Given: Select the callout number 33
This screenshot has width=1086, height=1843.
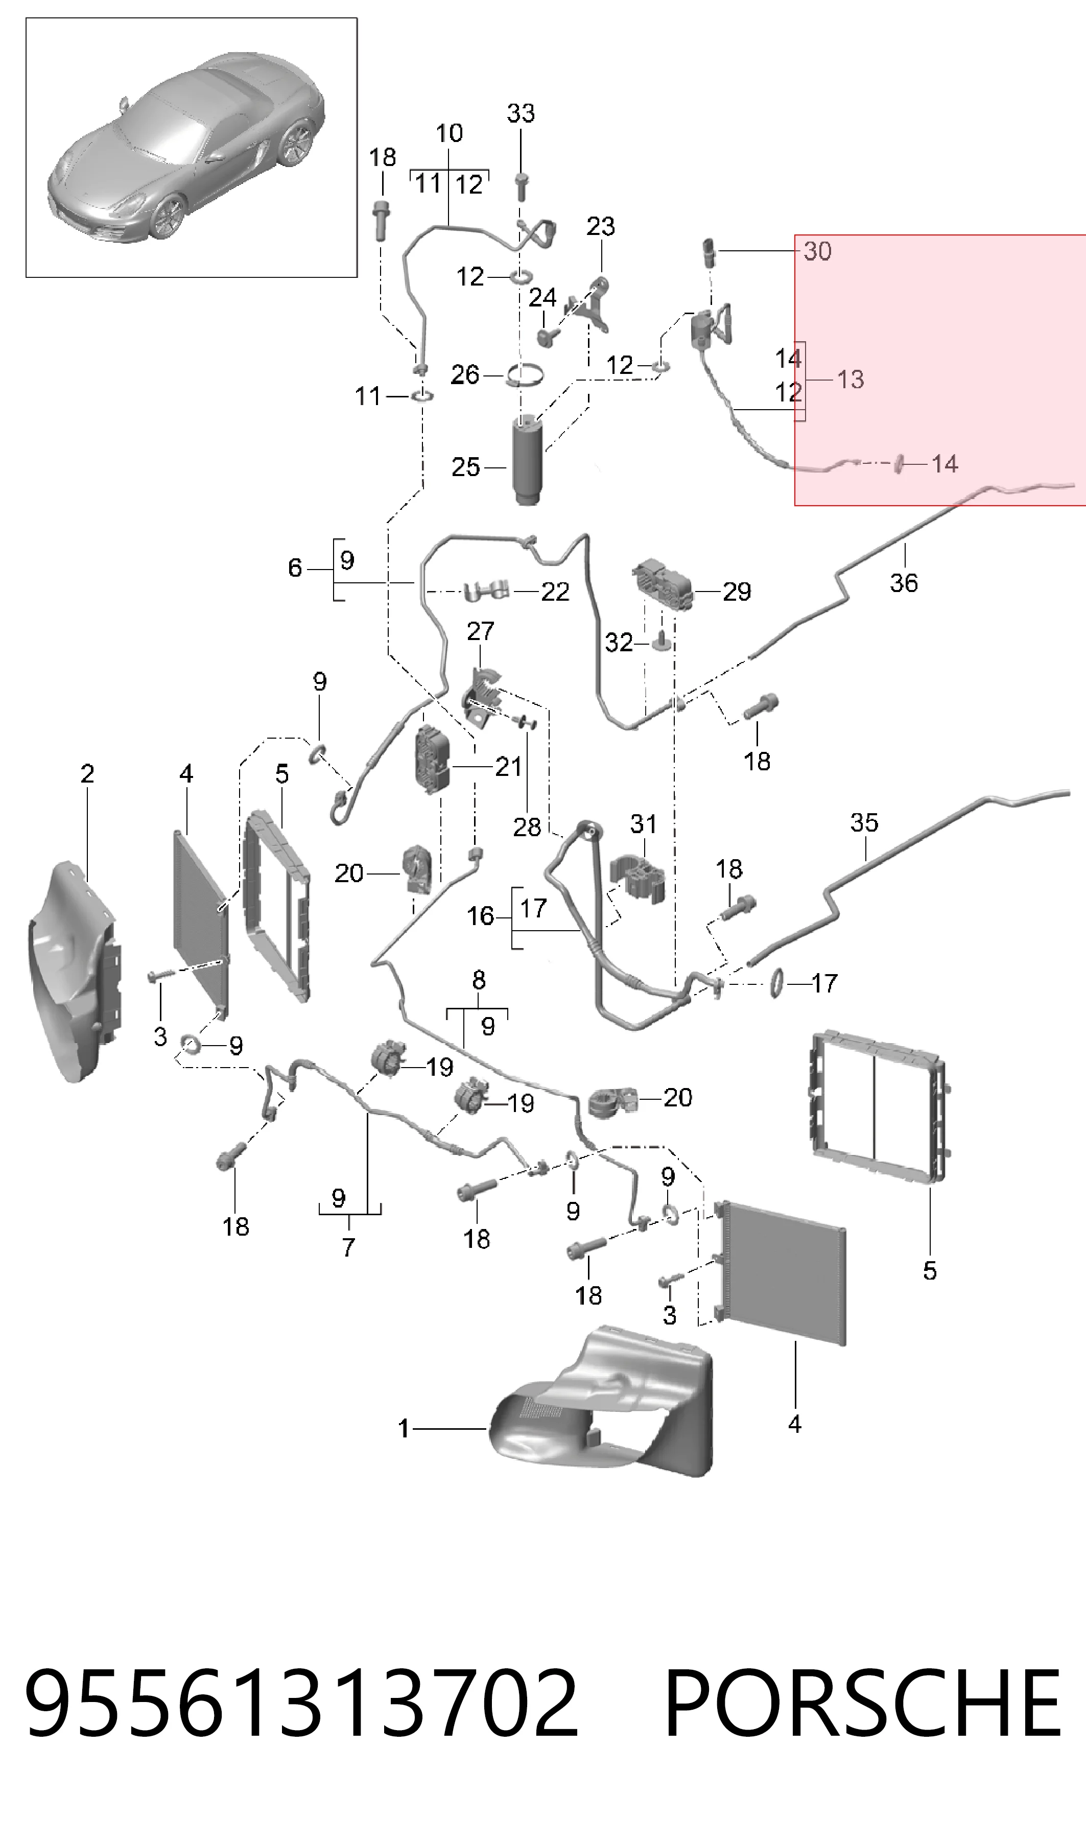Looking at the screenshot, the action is (521, 113).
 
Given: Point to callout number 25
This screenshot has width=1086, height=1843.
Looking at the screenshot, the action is (465, 467).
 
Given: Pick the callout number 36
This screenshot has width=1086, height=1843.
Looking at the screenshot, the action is (904, 583).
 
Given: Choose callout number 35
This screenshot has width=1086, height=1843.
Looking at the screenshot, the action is (864, 822).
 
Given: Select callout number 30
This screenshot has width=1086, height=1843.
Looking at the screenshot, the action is (817, 251).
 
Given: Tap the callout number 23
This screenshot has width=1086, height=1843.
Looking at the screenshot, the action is (601, 227).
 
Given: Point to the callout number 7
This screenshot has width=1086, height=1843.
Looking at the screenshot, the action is (349, 1247).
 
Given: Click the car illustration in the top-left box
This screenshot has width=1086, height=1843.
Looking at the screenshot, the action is (186, 146).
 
